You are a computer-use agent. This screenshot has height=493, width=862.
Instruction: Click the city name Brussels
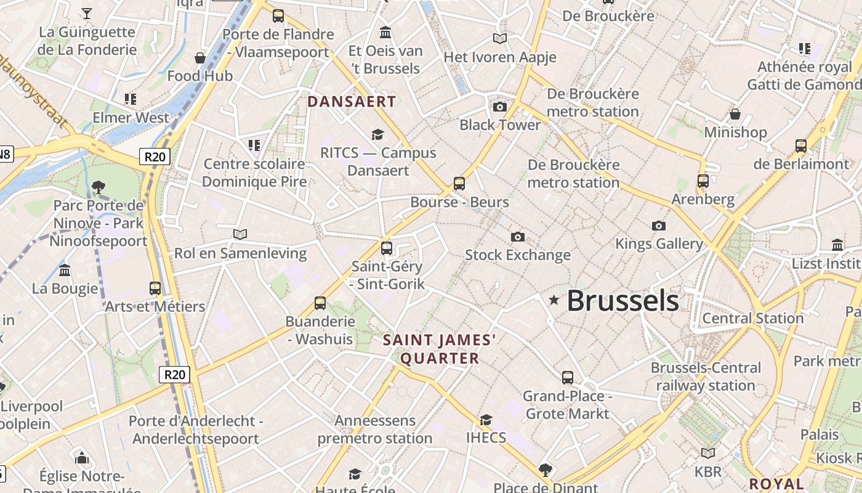coord(622,301)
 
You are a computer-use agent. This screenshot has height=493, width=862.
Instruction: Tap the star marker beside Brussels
coord(554,300)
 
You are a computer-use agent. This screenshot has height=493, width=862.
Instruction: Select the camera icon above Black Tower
coord(500,107)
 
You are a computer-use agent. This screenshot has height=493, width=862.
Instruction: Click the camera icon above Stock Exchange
coord(518,237)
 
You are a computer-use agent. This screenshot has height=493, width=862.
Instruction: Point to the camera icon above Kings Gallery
coord(659,226)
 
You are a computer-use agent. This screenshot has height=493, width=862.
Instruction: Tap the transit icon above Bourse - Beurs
coord(459,183)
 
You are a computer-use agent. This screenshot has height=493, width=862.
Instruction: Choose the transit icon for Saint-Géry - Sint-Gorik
coord(387,248)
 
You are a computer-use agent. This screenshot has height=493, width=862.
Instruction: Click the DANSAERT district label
coord(352,102)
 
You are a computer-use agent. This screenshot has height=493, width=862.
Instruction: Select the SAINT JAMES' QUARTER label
coord(439,349)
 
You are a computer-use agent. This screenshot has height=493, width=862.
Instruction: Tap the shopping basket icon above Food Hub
coord(200,59)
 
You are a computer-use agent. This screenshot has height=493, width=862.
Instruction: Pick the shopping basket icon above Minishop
coord(735,114)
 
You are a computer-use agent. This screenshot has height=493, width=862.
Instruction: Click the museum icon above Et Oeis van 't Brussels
coord(385,32)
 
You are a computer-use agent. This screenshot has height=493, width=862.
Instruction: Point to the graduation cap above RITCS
coord(377,134)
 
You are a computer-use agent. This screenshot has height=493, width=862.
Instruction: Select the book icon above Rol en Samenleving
coord(240,234)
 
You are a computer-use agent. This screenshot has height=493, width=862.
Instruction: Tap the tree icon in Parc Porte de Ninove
coord(98,187)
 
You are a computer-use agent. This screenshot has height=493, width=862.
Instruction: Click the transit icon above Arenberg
coord(703,181)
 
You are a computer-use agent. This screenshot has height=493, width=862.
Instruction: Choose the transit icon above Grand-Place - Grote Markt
coord(568,377)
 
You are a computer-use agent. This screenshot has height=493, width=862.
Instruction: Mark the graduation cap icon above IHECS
coord(486,420)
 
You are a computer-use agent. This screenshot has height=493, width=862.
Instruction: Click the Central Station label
coord(753,319)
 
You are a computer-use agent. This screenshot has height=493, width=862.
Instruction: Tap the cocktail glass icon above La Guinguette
coord(87,13)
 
